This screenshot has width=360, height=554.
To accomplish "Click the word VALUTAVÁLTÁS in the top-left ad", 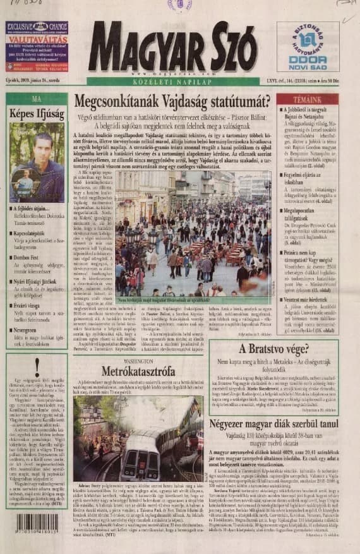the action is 36,38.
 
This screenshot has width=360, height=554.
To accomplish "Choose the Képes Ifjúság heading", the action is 36,114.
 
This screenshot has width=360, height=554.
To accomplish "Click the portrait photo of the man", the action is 37,162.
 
